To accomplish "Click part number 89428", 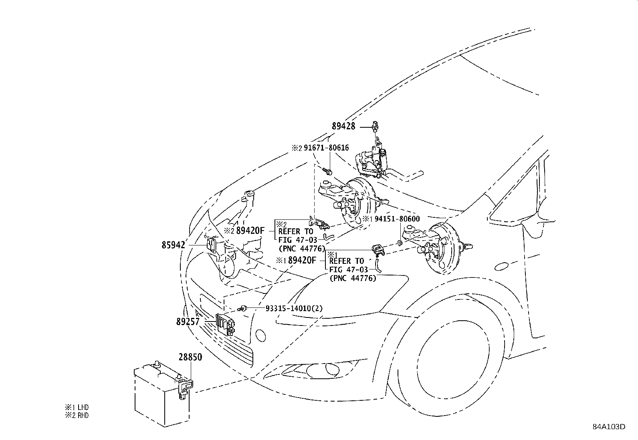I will click(343, 127).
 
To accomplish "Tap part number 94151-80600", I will click(397, 219).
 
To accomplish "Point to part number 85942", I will click(174, 245).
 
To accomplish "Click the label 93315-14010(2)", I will click(294, 308).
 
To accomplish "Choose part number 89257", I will click(188, 321).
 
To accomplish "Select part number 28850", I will click(190, 357).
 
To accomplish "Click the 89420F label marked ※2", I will click(250, 231).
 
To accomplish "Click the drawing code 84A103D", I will click(609, 426).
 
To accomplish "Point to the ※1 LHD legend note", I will click(77, 408).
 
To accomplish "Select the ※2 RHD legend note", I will click(77, 416).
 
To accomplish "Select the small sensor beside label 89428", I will click(375, 126).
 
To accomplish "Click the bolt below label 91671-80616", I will click(328, 172).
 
